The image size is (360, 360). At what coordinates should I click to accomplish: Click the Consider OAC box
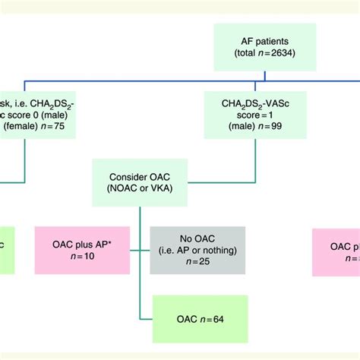tap(142, 182)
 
